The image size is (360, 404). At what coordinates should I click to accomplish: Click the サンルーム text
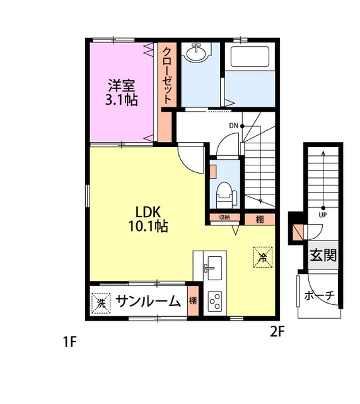click(149, 302)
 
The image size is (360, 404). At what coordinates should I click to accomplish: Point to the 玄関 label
click(322, 256)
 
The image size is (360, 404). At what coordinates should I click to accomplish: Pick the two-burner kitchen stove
click(215, 301)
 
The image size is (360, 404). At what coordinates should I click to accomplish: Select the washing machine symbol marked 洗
click(101, 302)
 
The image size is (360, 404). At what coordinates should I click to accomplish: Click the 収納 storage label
click(224, 218)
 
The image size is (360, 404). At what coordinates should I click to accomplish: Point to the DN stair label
click(233, 126)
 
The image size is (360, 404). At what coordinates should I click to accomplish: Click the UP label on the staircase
click(323, 215)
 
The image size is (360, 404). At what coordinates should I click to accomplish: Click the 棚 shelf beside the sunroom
click(193, 301)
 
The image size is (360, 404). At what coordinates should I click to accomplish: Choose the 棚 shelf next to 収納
click(260, 219)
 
